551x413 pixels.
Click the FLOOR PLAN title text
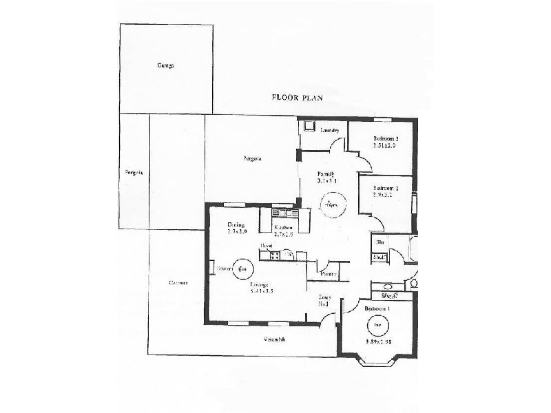[x=298, y=98]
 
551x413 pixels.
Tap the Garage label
[x=165, y=66]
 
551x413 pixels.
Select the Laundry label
[x=329, y=130]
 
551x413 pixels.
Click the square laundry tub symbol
[x=307, y=126]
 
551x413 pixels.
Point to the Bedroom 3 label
[x=386, y=138]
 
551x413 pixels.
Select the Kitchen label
[x=283, y=227]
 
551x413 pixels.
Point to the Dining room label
[x=237, y=224]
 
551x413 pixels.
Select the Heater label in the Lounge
[x=223, y=268]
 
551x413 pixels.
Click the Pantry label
[x=329, y=273]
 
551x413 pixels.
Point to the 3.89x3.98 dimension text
[x=377, y=341]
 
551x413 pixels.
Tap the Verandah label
[x=274, y=339]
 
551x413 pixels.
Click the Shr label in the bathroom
[x=380, y=242]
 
